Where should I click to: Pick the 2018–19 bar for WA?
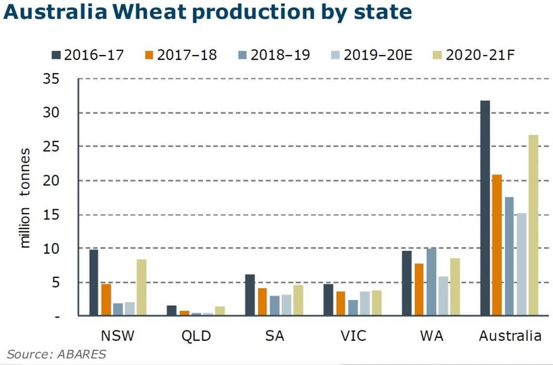[431, 282]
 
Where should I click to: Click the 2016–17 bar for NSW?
[93, 282]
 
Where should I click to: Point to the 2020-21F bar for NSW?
[141, 287]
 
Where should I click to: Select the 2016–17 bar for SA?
[249, 295]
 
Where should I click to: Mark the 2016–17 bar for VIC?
[328, 300]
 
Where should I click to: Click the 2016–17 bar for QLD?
[171, 310]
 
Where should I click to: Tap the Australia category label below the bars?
[510, 336]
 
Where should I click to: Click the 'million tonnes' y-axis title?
[25, 197]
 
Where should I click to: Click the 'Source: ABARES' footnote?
[57, 354]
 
